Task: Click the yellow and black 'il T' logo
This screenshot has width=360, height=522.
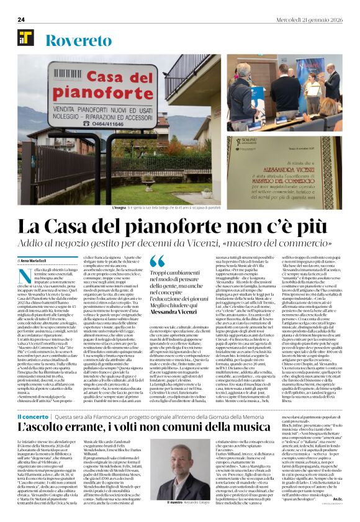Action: coord(25,38)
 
